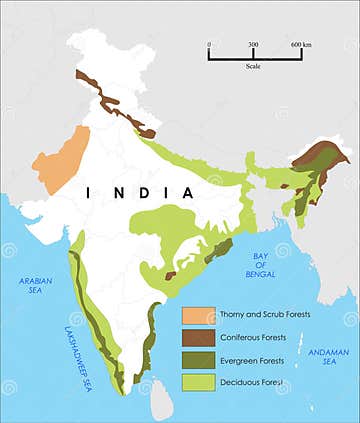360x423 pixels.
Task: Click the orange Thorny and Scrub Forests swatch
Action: coord(196,315)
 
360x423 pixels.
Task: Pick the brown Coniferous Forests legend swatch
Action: coord(196,338)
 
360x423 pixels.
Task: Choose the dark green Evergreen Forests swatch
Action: coord(196,360)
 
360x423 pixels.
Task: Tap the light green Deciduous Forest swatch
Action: coord(196,382)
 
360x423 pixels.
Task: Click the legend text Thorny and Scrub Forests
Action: coord(265,315)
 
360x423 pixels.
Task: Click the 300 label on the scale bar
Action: coord(253,45)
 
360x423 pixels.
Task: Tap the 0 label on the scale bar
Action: coord(209,45)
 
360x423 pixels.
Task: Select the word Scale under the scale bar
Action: coord(253,68)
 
